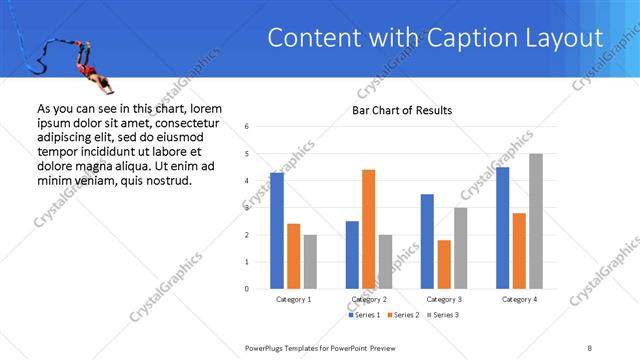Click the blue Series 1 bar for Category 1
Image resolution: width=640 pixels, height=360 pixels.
tap(276, 231)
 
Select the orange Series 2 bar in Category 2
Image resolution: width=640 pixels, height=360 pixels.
tap(368, 229)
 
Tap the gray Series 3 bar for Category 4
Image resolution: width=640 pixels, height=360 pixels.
tap(536, 221)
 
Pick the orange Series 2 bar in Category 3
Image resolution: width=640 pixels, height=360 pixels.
tap(444, 264)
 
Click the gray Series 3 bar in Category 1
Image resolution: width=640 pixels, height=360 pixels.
tap(310, 262)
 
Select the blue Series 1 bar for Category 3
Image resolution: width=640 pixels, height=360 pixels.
tap(427, 241)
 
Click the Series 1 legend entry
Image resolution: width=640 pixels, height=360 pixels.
tap(364, 315)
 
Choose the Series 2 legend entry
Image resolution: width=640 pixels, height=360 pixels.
tap(402, 315)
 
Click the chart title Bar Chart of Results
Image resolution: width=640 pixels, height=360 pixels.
tap(402, 110)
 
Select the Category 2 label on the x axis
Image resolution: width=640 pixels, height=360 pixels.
tap(369, 299)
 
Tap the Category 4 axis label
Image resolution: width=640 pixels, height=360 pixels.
tap(519, 299)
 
